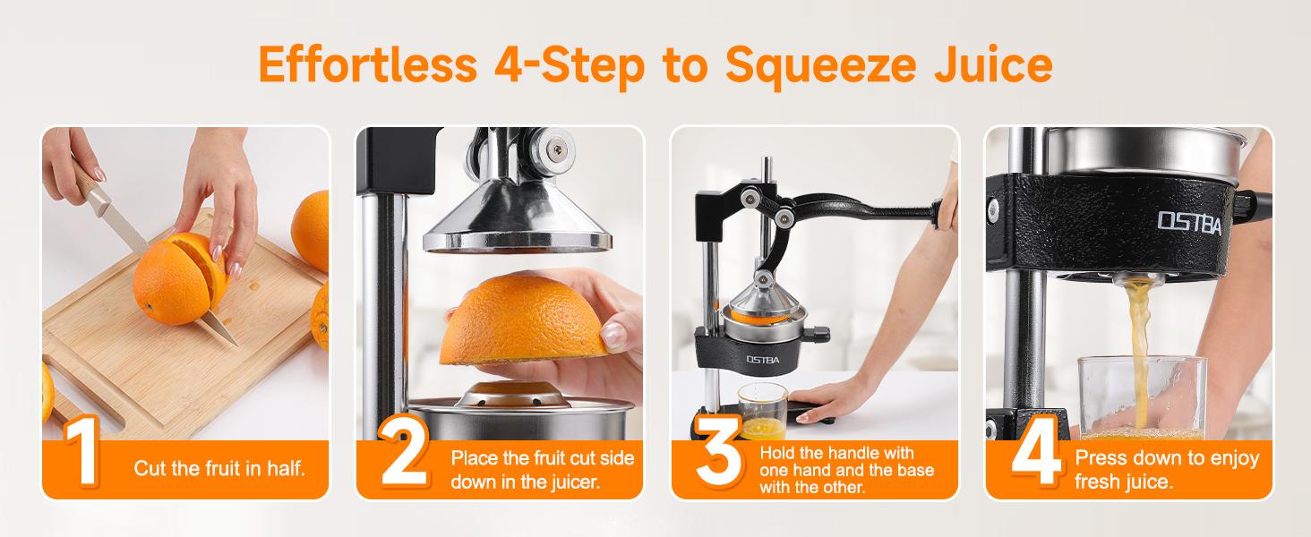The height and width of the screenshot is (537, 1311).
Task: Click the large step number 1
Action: click(82, 456)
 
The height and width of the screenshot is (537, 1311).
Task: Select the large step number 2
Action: click(403, 456)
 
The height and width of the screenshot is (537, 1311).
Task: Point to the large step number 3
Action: click(718, 456)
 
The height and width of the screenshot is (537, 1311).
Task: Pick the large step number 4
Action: click(1037, 456)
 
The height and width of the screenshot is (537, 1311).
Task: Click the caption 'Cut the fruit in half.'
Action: click(219, 468)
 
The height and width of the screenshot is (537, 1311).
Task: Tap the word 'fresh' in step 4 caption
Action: click(1098, 482)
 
